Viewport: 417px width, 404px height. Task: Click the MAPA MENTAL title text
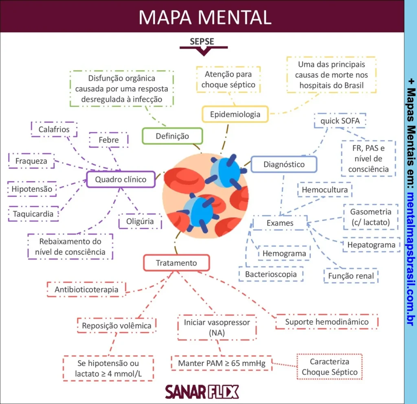click(205, 17)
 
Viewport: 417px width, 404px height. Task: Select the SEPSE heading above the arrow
click(202, 41)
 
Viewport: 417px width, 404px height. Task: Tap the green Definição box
click(172, 136)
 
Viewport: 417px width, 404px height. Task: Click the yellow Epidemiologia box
click(235, 114)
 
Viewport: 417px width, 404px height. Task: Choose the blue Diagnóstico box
click(284, 164)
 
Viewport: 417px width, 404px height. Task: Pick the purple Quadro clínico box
click(121, 179)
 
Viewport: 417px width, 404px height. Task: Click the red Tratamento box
click(176, 263)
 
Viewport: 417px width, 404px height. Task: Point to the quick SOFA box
click(340, 121)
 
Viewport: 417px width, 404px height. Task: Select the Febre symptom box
click(109, 140)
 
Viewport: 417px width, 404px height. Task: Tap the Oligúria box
click(140, 222)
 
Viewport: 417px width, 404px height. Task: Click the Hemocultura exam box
click(325, 190)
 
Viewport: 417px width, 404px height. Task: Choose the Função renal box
click(351, 276)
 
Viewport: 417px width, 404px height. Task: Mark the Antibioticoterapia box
click(86, 290)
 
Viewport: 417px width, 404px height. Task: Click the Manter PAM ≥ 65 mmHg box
click(222, 363)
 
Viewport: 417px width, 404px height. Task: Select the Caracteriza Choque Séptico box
click(329, 367)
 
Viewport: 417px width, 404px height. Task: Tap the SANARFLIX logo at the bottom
click(202, 392)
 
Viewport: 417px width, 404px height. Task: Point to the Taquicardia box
click(33, 214)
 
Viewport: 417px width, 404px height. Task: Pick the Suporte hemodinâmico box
click(327, 322)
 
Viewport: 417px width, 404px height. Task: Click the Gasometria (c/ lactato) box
click(370, 217)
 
